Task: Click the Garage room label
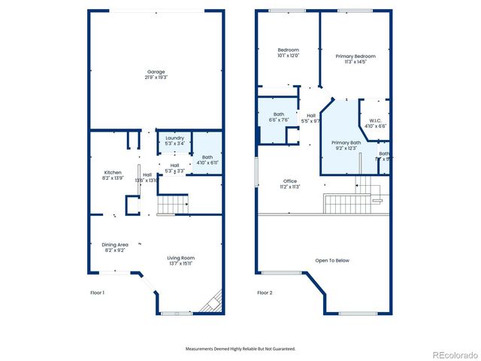[x=156, y=71]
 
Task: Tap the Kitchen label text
[x=113, y=172]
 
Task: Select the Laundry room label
[x=174, y=138]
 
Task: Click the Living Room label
[x=180, y=258]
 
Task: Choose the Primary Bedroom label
[x=355, y=56]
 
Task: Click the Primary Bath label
[x=346, y=143]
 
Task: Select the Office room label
[x=289, y=181]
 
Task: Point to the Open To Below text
[x=332, y=260]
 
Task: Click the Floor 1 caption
[x=98, y=292]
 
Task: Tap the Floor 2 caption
[x=264, y=292]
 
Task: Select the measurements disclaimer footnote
[x=240, y=348]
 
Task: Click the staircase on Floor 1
[x=174, y=203]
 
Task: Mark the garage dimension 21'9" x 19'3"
[x=156, y=77]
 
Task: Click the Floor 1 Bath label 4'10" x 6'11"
[x=207, y=159]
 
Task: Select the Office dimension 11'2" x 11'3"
[x=289, y=187]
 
